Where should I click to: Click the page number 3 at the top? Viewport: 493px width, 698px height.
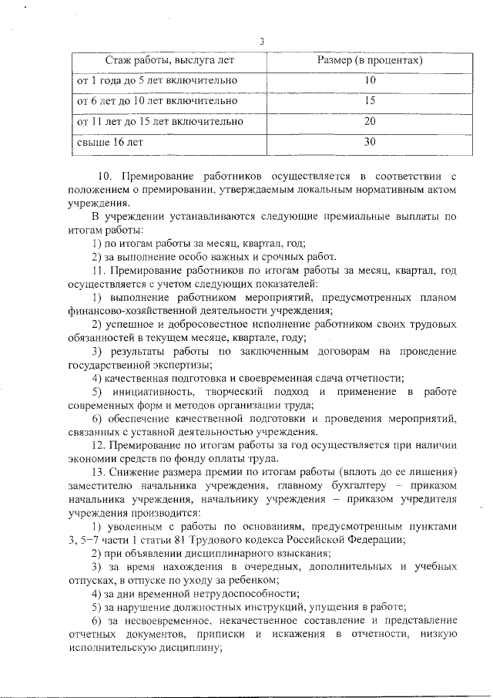(261, 42)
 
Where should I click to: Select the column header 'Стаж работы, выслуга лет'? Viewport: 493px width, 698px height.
(169, 59)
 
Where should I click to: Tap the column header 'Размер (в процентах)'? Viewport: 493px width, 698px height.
(370, 59)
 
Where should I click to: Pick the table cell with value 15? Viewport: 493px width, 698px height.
(370, 100)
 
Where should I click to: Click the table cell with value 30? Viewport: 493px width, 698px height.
(370, 142)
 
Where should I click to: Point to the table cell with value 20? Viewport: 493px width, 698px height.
(370, 121)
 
